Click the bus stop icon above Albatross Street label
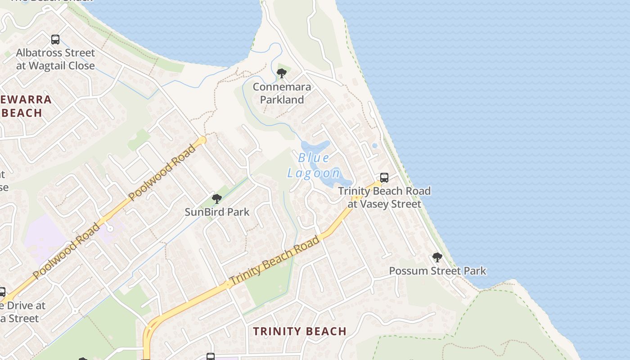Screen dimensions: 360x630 tap(55, 40)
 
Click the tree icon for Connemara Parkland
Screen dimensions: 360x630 tap(282, 73)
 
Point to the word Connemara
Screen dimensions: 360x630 tap(282, 87)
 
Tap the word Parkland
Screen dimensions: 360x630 tap(282, 100)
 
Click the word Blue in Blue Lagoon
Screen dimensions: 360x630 tap(314, 158)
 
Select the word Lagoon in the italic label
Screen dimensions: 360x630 tap(314, 173)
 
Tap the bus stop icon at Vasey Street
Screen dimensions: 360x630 tap(384, 178)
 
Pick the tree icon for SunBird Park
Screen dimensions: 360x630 tap(217, 199)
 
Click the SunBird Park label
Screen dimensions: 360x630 tap(217, 212)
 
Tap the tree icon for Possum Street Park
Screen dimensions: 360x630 tap(437, 257)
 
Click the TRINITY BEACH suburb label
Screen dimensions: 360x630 tap(299, 332)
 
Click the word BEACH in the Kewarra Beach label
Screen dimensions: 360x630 tap(22, 113)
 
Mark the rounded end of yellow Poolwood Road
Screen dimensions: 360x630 tap(202, 140)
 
